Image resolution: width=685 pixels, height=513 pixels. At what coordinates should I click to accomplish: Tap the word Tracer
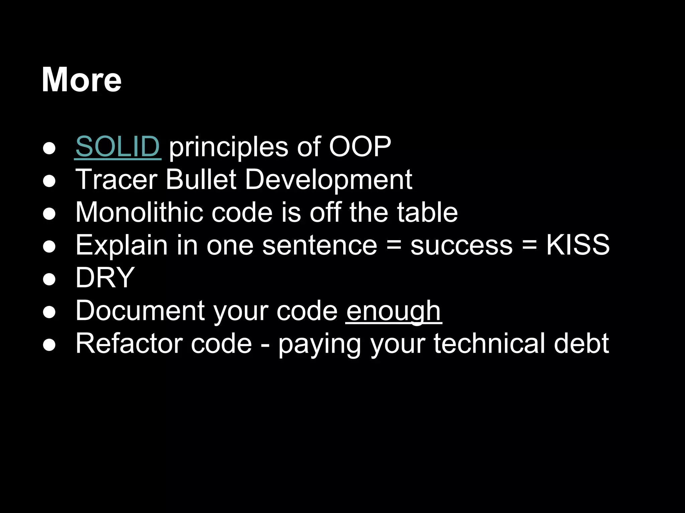[116, 179]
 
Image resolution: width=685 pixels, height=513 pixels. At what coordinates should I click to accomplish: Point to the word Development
[329, 179]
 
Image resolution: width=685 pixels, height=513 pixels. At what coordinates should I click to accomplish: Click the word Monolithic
[139, 212]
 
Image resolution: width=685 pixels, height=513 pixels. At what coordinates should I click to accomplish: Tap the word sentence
[320, 245]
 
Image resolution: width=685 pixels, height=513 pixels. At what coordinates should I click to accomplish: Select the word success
[462, 245]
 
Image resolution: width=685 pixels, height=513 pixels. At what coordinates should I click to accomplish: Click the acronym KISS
[578, 245]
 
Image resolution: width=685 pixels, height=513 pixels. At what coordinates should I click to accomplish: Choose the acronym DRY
[105, 278]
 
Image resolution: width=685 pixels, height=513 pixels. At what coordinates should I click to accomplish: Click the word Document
[140, 311]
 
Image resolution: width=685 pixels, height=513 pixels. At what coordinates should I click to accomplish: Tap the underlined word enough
[394, 311]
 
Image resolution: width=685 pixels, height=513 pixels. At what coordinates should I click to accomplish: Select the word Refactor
[129, 343]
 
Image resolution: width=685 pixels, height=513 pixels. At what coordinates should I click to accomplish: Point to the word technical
[489, 343]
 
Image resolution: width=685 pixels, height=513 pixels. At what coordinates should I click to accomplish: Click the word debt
[581, 343]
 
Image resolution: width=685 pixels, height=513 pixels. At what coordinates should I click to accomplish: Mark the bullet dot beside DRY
[49, 279]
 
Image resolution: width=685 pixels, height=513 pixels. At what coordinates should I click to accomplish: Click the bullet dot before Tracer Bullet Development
[49, 181]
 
